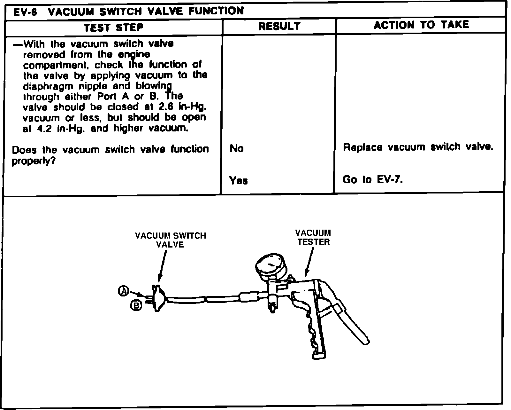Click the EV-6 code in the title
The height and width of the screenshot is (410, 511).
(x=25, y=12)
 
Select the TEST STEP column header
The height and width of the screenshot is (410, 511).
(x=113, y=28)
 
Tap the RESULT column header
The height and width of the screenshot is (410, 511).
(x=279, y=26)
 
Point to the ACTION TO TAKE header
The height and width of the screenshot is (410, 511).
(x=421, y=25)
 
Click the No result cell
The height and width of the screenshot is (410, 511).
(x=236, y=148)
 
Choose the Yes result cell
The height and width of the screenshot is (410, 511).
(x=238, y=181)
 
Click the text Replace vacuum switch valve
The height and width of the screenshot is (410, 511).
(x=418, y=147)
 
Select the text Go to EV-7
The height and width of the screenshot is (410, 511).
(x=372, y=179)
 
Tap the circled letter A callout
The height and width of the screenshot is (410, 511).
(x=123, y=291)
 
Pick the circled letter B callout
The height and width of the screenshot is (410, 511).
(x=136, y=306)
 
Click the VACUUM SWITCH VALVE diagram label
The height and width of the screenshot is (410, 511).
(x=171, y=240)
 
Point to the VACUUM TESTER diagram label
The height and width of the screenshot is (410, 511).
(x=313, y=237)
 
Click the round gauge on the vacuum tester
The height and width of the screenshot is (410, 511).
(x=270, y=265)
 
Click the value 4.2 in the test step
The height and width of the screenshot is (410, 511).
(x=42, y=129)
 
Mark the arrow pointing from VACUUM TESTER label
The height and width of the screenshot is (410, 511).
(x=308, y=262)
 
